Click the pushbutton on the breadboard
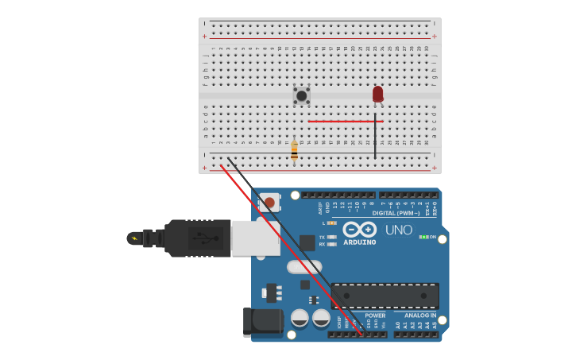[x=301, y=95]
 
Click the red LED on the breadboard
[x=377, y=94]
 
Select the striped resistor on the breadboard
[x=294, y=150]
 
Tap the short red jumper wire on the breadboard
[x=345, y=122]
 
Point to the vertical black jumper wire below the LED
[x=375, y=137]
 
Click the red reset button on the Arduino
[x=269, y=203]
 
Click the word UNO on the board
[x=398, y=230]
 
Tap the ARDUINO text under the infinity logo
[x=359, y=242]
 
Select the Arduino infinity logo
[x=360, y=229]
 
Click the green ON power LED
[x=423, y=237]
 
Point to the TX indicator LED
[x=331, y=237]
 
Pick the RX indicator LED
[x=331, y=244]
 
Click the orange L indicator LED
[x=331, y=223]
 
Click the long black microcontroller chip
[x=385, y=296]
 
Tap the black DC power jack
[x=263, y=322]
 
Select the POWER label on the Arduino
[x=375, y=315]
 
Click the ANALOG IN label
[x=420, y=315]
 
